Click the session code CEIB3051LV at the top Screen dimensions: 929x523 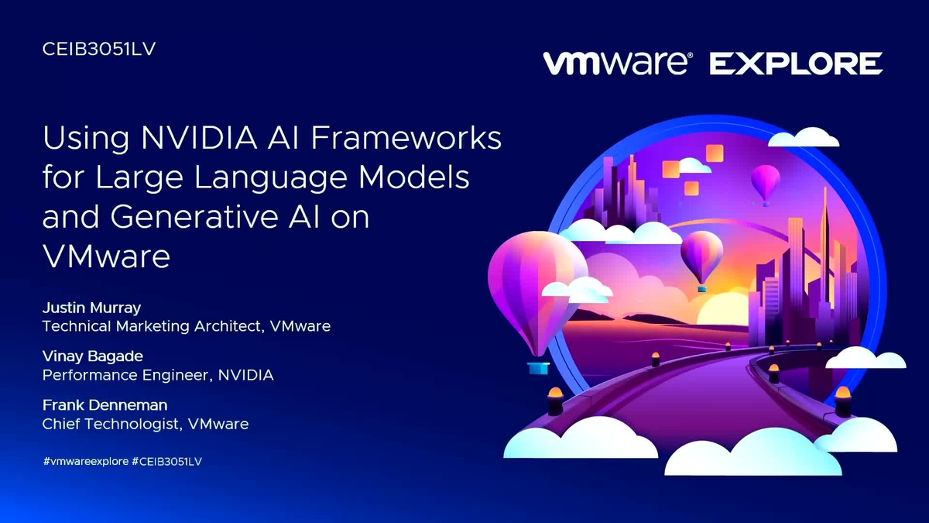click(x=99, y=49)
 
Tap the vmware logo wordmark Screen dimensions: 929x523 click(x=615, y=64)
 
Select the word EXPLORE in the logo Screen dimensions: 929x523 click(x=797, y=64)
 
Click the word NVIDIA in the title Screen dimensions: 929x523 click(x=199, y=138)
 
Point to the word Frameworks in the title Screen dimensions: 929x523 click(x=406, y=138)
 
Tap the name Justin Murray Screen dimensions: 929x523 click(x=91, y=308)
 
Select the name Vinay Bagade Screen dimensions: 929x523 click(x=93, y=357)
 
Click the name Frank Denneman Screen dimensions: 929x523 click(x=105, y=405)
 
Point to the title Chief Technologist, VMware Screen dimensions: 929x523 click(x=146, y=425)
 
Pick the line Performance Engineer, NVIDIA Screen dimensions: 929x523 click(x=158, y=375)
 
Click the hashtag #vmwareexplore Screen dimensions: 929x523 click(x=86, y=462)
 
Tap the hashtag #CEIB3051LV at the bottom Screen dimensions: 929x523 click(x=166, y=462)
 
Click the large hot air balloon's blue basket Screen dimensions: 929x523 click(x=538, y=368)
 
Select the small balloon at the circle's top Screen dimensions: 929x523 click(x=766, y=183)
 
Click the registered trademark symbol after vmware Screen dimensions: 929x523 click(x=690, y=55)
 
